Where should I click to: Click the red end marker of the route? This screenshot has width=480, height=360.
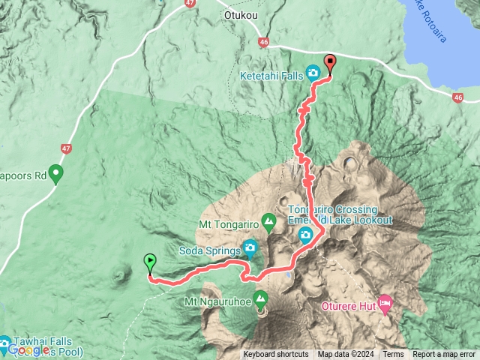[329, 62]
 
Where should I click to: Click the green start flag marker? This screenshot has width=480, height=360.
[150, 262]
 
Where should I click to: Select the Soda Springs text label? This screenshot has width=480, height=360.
[209, 249]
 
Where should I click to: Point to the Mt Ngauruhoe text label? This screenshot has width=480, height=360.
[216, 302]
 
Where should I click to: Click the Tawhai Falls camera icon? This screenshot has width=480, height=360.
[4, 345]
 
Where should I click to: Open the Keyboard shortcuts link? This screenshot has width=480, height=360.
[275, 355]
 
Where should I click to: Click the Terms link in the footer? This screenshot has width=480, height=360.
[393, 355]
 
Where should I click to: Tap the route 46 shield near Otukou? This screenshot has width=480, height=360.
[263, 43]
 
